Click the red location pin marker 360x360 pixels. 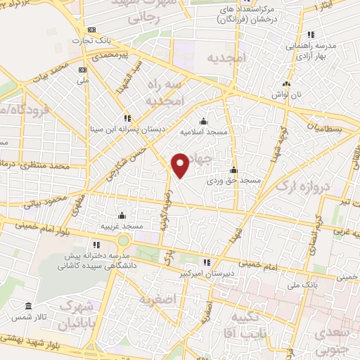181,165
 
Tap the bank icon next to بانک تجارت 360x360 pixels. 91,30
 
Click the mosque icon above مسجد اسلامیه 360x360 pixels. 203,120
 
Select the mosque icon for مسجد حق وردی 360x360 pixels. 233,169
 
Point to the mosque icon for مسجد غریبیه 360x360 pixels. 122,215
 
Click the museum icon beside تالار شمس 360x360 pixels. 28,307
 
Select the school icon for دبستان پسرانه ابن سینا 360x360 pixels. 127,118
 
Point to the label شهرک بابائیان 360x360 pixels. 79,314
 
